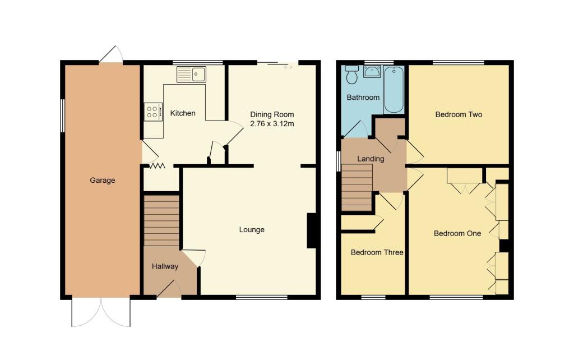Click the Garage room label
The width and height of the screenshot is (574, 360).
[x=103, y=181]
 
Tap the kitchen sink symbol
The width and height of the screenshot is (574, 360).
[x=191, y=74]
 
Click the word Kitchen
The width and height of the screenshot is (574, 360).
[x=183, y=113]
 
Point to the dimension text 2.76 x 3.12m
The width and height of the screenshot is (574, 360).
[x=272, y=123]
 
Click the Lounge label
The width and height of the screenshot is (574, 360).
[x=252, y=229]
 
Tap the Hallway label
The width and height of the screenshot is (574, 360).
[x=165, y=266]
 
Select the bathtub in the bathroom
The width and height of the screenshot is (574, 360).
[x=394, y=89]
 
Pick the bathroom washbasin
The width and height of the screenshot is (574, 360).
[x=372, y=71]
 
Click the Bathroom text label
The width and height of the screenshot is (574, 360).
[x=363, y=97]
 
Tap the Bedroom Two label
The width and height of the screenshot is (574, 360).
[x=459, y=114]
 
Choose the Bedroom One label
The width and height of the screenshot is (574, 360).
[x=457, y=233]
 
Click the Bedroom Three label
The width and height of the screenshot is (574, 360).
[x=377, y=252]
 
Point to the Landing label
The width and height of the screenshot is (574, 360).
[x=371, y=159]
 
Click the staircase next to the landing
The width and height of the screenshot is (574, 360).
[x=357, y=188]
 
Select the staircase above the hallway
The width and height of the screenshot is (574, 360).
[x=161, y=220]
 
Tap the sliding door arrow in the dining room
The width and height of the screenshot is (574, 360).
[x=288, y=67]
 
